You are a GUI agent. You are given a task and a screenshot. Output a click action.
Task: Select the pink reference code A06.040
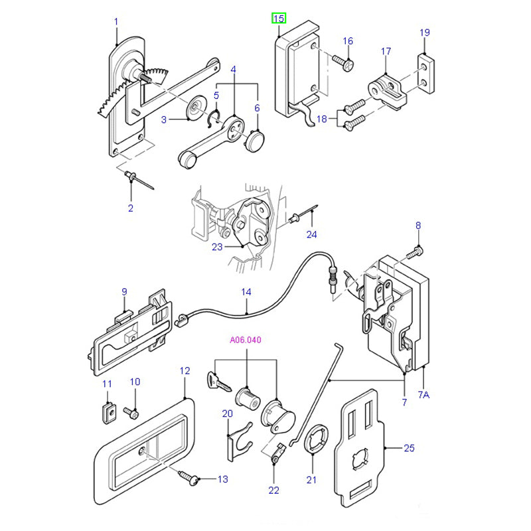246,341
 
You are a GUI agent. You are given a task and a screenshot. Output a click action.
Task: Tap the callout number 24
312,234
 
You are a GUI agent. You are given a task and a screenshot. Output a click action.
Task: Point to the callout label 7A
424,395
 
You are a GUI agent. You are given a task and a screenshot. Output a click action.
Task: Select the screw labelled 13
192,477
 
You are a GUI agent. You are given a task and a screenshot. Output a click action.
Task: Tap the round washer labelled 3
196,108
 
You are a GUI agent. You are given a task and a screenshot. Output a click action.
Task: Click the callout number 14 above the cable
246,291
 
